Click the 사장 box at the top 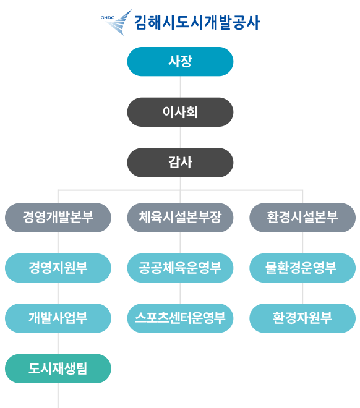click(180, 62)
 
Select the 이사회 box click(180, 112)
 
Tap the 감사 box click(180, 163)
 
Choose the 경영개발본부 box click(58, 218)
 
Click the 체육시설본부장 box click(180, 218)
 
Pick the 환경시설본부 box click(302, 218)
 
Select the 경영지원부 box click(58, 268)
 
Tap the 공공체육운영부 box click(180, 268)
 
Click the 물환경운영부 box click(302, 268)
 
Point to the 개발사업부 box click(58, 318)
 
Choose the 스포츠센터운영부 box click(180, 318)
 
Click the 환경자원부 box click(302, 318)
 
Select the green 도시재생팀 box click(58, 368)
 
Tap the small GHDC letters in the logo click(107, 18)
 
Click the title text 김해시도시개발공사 click(197, 22)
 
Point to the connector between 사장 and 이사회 click(181, 87)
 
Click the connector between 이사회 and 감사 click(181, 137)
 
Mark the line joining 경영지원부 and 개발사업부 click(58, 293)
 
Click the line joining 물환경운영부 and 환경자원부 click(302, 293)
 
